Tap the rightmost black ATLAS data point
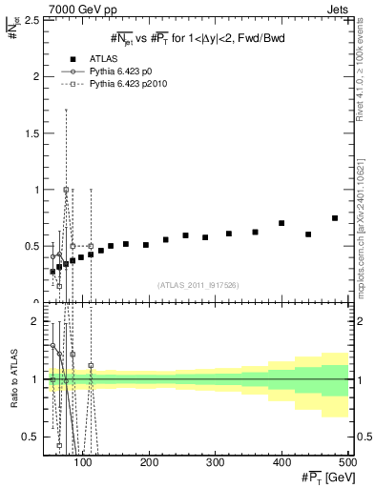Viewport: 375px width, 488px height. point(335,218)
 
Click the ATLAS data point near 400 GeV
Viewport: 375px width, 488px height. point(281,223)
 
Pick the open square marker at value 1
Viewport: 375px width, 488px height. point(66,190)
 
